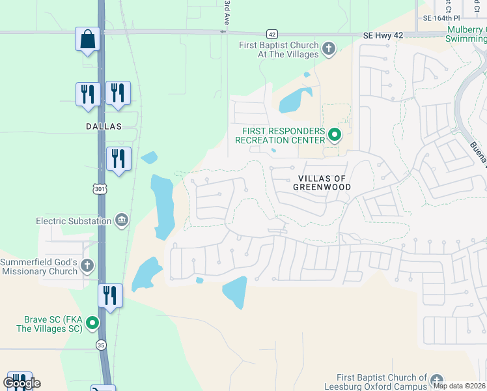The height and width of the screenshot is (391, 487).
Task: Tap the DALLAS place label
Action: click(x=103, y=126)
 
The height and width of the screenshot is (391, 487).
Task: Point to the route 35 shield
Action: click(x=101, y=345)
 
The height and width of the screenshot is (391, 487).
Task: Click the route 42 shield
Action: click(x=272, y=34)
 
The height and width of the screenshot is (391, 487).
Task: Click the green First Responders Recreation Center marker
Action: click(x=335, y=135)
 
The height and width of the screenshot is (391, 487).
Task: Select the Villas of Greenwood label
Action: click(x=324, y=182)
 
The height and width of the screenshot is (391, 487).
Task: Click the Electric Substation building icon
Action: click(x=121, y=220)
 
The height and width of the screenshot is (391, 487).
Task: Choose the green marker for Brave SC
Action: click(x=93, y=323)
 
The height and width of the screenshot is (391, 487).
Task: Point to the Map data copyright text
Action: click(x=459, y=386)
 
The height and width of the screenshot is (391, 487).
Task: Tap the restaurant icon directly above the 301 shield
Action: click(x=118, y=159)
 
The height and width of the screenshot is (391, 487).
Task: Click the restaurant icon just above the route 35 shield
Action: click(x=110, y=297)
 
